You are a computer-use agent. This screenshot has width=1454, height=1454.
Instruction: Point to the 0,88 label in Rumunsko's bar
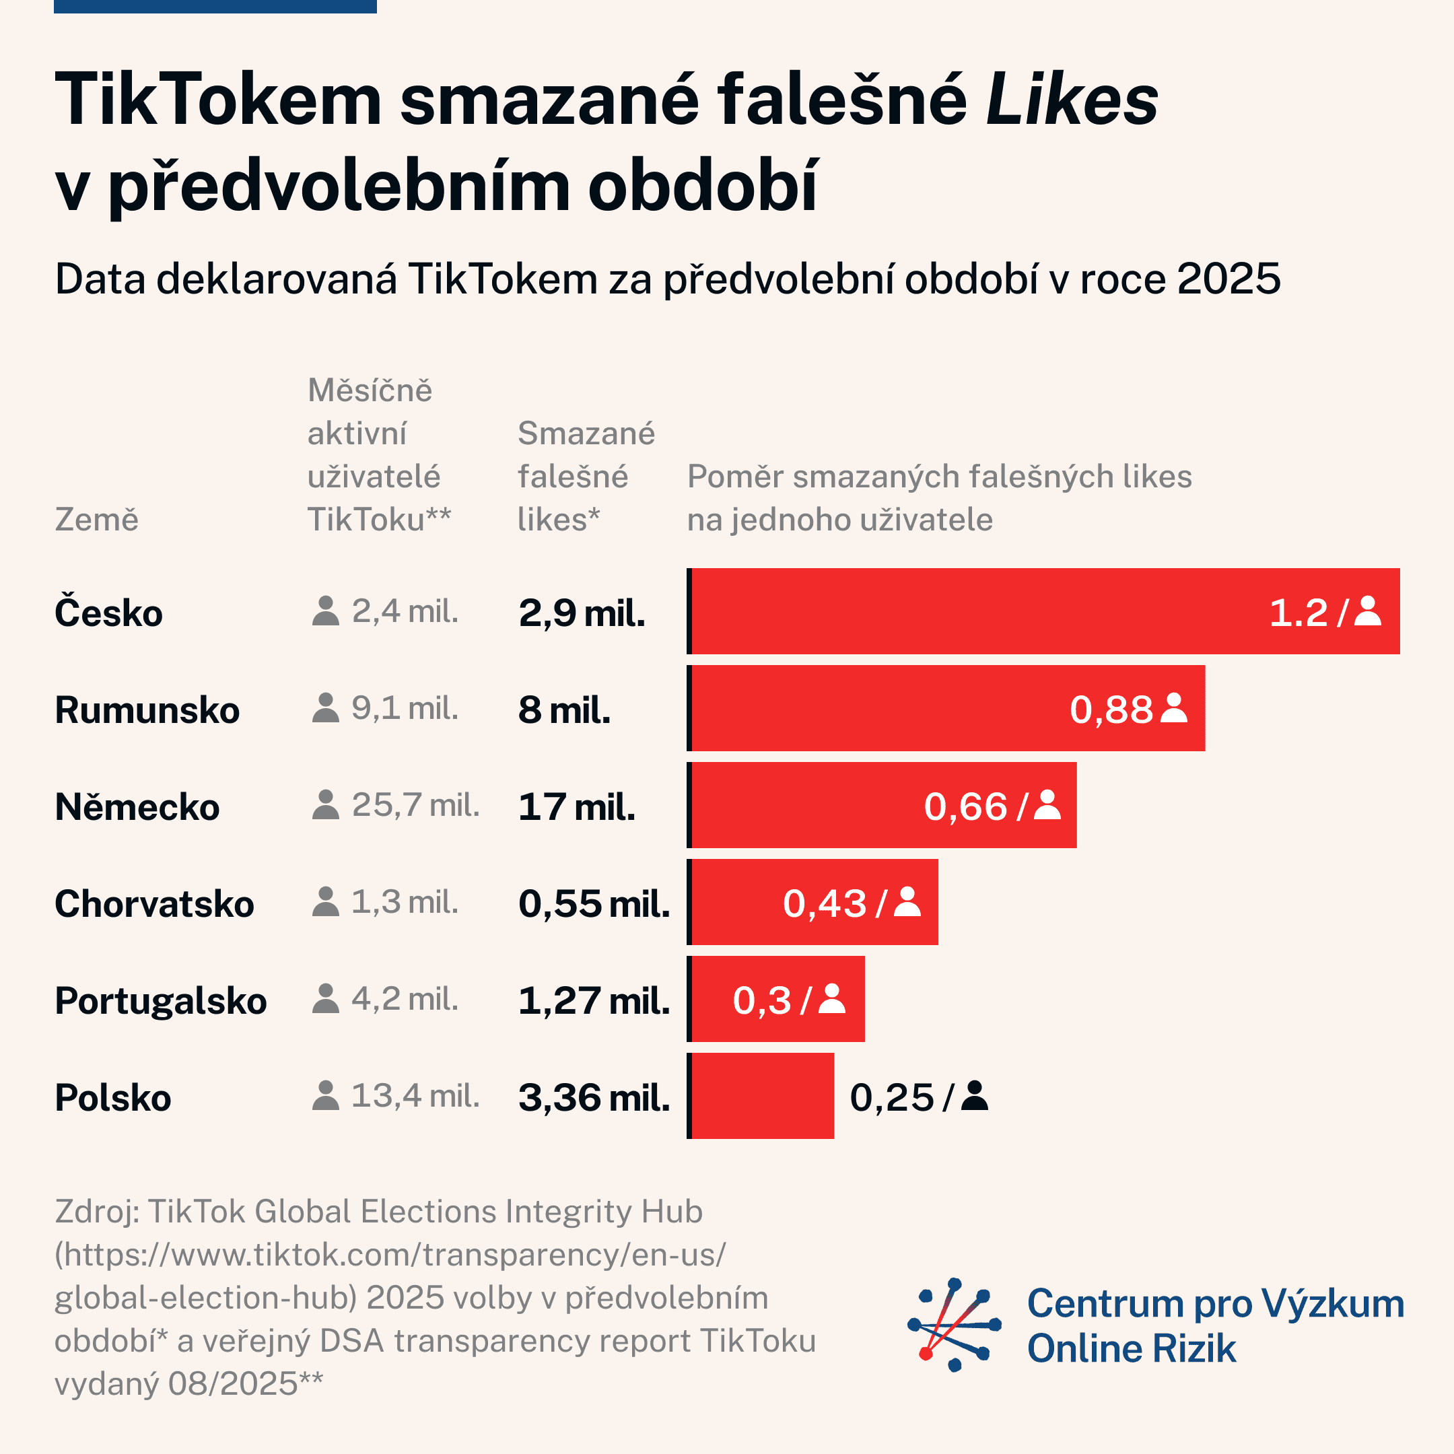click(x=1111, y=709)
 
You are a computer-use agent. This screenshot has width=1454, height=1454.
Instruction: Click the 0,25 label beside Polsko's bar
click(x=891, y=1097)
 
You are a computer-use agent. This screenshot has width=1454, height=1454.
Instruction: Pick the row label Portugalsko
click(x=160, y=1000)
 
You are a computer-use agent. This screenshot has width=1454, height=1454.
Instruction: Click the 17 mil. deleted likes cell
click(x=576, y=807)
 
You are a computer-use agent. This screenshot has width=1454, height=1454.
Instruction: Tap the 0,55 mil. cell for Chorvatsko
click(x=594, y=903)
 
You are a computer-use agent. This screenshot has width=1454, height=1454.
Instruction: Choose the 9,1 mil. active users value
click(x=405, y=708)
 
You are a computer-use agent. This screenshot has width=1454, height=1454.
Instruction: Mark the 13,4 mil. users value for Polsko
click(x=415, y=1096)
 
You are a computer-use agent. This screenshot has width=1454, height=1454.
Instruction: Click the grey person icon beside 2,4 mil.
click(x=325, y=611)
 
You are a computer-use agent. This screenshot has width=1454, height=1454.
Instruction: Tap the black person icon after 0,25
click(x=975, y=1096)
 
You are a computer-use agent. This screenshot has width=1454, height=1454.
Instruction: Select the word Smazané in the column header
click(x=586, y=434)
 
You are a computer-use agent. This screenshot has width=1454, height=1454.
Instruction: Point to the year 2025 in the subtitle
click(x=1228, y=279)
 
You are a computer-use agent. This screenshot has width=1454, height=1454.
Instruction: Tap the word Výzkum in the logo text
click(x=1332, y=1303)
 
